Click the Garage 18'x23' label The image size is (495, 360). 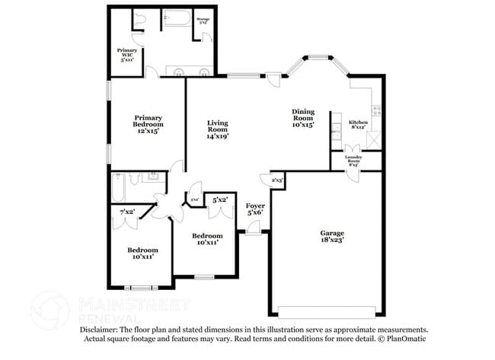coord(331,236)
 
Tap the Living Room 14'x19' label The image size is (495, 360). coord(218,129)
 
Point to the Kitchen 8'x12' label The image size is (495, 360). coord(358,125)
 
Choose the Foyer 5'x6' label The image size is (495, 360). coord(255,209)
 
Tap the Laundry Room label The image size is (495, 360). coord(353,161)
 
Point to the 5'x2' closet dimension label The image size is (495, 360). coord(220,200)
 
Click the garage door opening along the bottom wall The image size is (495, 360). coord(327,311)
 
